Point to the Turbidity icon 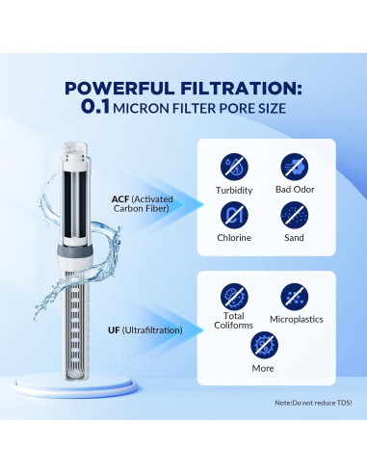pos(233,166)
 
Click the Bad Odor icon pos(294,166)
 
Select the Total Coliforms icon pos(233,296)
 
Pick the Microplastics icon pos(294,296)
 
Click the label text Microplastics pos(294,317)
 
